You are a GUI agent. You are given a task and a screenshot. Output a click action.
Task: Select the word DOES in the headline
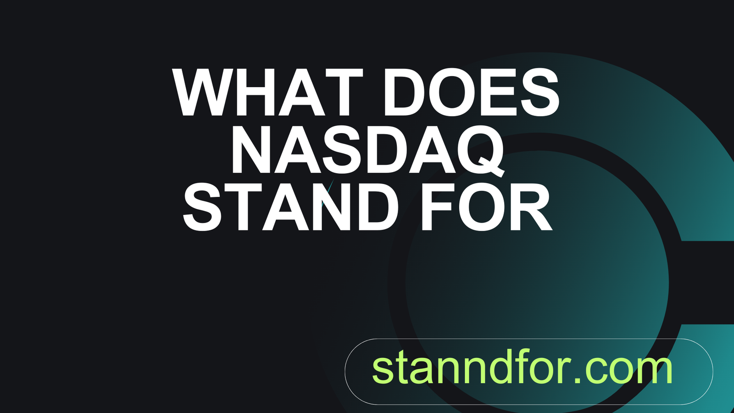point(471,92)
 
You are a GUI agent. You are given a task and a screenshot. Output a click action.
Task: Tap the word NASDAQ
point(367,150)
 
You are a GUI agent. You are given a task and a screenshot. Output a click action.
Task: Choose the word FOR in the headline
point(487,206)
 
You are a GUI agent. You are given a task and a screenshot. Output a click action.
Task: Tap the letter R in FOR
point(532,206)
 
